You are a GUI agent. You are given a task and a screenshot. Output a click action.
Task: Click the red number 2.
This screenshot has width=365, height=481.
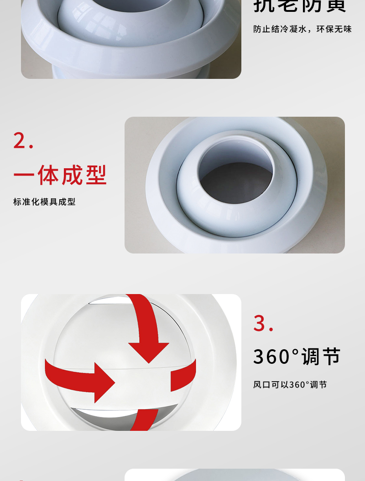(x=21, y=140)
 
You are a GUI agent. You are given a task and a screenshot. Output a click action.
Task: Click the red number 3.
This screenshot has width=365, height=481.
(x=261, y=323)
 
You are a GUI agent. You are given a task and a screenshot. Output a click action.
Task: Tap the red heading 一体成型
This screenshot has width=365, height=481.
(x=60, y=176)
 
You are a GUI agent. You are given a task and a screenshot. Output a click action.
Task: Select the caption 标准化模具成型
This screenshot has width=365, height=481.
(x=44, y=202)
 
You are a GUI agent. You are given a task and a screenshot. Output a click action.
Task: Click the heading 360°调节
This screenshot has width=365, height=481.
(x=297, y=357)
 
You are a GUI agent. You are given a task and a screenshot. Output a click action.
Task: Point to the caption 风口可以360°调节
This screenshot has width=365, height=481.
(x=290, y=385)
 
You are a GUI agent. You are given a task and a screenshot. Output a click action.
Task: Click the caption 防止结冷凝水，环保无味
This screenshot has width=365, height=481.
(x=302, y=29)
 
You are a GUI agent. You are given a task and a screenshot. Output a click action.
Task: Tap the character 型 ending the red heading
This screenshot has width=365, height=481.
(x=96, y=176)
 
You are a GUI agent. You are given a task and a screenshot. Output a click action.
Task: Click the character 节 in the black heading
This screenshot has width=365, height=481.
(x=331, y=357)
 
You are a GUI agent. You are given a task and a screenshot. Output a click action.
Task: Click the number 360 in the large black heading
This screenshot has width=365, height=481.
(x=272, y=357)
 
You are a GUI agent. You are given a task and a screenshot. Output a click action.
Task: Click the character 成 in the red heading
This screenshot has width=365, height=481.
(x=72, y=176)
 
